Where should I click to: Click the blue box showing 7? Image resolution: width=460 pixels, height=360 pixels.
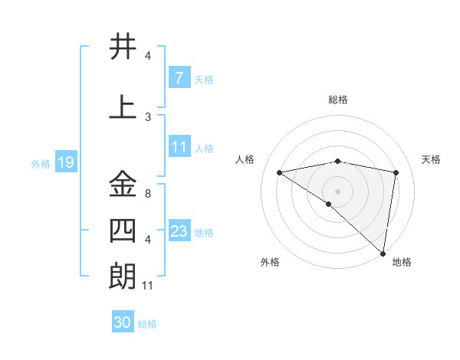tap(179, 77)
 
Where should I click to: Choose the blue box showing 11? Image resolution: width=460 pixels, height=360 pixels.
tap(179, 147)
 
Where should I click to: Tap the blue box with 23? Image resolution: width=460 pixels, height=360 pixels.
tap(179, 231)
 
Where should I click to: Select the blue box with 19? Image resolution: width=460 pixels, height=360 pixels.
tap(65, 162)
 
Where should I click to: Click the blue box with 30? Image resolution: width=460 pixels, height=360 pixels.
tap(123, 322)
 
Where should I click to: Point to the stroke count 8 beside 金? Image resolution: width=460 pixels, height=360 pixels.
tap(147, 194)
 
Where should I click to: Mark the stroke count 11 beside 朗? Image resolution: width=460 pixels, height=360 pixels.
tap(149, 286)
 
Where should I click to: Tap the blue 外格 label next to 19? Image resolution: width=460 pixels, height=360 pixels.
tap(41, 163)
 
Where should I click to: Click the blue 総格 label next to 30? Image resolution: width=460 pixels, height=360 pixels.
tap(147, 324)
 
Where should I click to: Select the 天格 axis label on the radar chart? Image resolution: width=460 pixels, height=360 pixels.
tap(432, 159)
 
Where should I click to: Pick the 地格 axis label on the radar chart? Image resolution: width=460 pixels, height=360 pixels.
tap(402, 262)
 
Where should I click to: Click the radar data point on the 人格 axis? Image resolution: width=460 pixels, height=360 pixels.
tap(280, 172)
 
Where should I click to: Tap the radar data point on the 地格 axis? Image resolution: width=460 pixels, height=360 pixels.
tap(383, 252)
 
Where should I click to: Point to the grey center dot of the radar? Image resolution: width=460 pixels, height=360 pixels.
tap(337, 191)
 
